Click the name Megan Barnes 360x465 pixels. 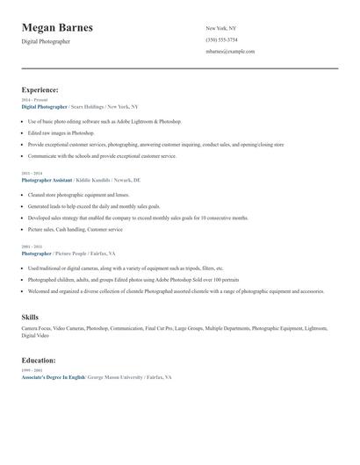coord(57,27)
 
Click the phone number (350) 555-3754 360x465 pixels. coord(221,40)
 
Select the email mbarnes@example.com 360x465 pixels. coord(230,52)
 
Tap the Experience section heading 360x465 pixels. coord(40,89)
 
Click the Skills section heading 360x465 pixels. coord(30,316)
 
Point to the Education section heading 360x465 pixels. coord(39,360)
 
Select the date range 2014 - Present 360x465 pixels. coord(32,100)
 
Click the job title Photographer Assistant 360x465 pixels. coord(47,180)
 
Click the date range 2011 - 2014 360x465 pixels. coord(31,174)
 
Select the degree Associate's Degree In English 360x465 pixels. coord(54,376)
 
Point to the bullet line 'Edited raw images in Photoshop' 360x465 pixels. coord(61,132)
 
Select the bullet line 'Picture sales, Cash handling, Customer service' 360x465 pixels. coord(75,229)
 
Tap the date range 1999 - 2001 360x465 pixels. coord(31,370)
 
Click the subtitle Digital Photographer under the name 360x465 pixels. coord(46,41)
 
